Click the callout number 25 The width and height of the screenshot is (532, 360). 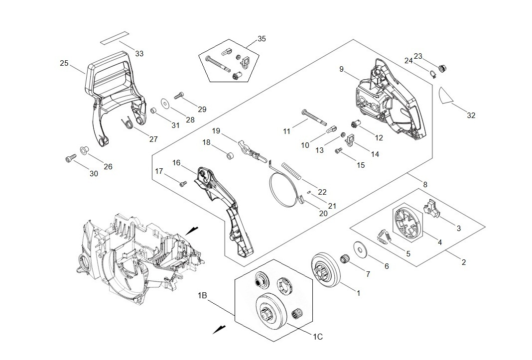[64, 63]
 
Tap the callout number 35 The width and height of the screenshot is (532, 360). [262, 38]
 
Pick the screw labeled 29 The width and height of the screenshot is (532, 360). [179, 96]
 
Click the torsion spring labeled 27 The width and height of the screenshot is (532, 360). [128, 121]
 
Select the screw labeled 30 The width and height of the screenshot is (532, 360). [69, 159]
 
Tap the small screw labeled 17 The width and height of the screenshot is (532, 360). [182, 184]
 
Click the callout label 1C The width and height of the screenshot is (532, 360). [318, 337]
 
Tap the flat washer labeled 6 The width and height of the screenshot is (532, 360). [358, 249]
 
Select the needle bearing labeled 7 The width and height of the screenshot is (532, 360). [343, 259]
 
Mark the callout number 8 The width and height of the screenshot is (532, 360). [425, 185]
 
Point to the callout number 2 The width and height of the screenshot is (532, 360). [463, 262]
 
